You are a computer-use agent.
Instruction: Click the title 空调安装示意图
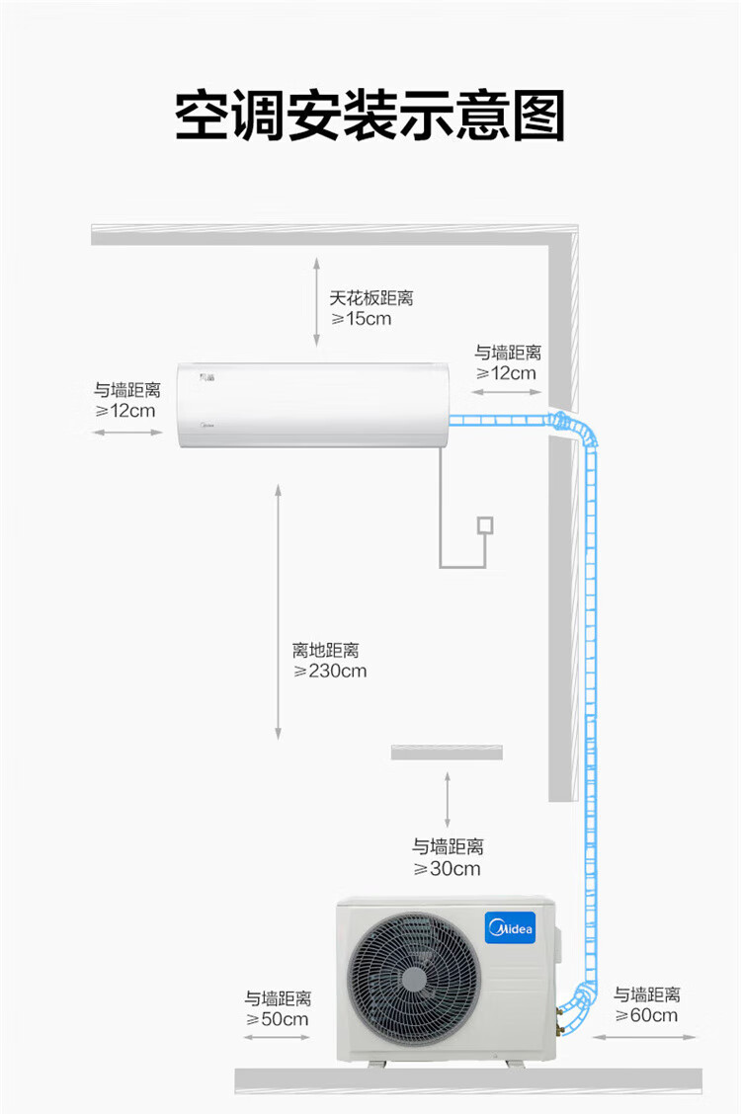pos(370,116)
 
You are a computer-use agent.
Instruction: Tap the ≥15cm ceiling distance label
pos(361,319)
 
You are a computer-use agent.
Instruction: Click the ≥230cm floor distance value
pos(330,671)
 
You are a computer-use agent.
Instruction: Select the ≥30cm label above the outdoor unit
pos(447,868)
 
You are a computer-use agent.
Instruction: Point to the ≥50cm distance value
pos(277,1019)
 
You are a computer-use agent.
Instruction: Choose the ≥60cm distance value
pos(646,1015)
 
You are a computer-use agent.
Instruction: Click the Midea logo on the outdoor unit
pos(510,928)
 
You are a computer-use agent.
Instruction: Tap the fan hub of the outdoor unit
pos(414,980)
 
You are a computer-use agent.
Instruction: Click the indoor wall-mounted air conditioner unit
pos(312,405)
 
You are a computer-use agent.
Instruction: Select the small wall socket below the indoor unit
pos(485,525)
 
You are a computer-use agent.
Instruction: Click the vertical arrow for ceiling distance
pos(317,302)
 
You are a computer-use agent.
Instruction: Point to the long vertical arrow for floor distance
pos(279,611)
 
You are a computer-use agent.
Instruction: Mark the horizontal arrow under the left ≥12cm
pos(127,432)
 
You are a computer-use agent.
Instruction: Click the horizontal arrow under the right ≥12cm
pos(507,391)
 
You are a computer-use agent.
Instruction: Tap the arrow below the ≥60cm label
pos(643,1037)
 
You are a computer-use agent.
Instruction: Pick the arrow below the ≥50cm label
pos(277,1037)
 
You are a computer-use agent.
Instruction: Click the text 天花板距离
pos(370,297)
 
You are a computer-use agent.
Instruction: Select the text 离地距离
pos(325,650)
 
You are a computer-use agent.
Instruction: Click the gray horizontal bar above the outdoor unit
pos(447,753)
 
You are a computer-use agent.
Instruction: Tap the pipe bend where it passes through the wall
pos(568,425)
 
